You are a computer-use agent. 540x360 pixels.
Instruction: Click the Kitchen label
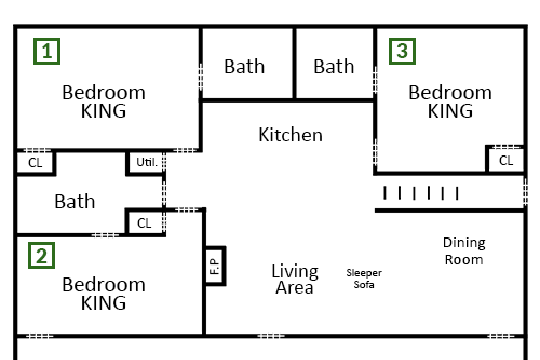[x=291, y=134]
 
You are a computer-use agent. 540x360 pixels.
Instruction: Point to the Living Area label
[x=294, y=279]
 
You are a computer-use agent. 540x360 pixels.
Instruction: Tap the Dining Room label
[x=464, y=251]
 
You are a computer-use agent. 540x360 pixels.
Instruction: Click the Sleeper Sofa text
[x=364, y=279]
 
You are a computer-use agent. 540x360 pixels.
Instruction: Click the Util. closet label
[x=146, y=162]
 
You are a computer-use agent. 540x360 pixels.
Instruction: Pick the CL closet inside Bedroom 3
[x=505, y=160]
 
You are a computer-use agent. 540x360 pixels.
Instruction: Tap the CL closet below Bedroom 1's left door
[x=35, y=162]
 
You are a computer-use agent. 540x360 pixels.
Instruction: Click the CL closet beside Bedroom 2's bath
[x=144, y=223]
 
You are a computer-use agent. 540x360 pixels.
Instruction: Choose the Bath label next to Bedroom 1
[x=244, y=66]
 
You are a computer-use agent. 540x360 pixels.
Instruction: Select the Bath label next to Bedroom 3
[x=334, y=66]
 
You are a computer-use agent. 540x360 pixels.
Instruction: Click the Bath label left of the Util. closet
[x=75, y=201]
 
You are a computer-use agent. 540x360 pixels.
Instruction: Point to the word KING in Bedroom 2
[x=103, y=303]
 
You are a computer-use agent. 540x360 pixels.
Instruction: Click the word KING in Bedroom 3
[x=450, y=111]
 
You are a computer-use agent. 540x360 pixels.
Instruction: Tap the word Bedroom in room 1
[x=103, y=93]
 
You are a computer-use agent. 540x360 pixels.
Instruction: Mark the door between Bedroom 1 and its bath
[x=200, y=77]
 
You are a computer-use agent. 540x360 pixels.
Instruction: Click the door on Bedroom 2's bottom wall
[x=39, y=336]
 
